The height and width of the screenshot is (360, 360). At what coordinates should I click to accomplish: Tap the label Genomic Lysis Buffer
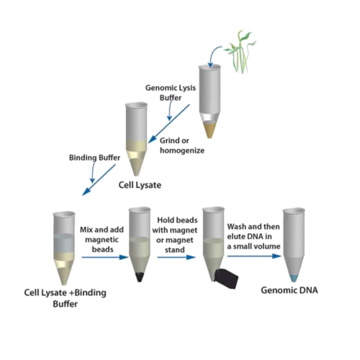tap(170, 92)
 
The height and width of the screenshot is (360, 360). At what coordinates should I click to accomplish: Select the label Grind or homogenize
tap(182, 145)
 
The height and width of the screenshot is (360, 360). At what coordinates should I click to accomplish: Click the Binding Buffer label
tap(94, 158)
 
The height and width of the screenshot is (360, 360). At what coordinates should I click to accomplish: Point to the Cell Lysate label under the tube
tap(140, 185)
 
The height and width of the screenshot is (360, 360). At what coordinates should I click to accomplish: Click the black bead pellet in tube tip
tap(140, 277)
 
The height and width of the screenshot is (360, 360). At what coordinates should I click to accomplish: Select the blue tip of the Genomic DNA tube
tap(293, 278)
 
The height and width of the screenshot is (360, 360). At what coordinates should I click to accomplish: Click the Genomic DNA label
tap(289, 290)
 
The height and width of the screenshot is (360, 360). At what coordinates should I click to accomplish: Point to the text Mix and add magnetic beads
tap(102, 239)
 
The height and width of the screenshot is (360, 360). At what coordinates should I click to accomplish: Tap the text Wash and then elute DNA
tap(253, 236)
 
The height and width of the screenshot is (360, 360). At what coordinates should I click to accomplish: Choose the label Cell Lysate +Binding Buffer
tap(65, 298)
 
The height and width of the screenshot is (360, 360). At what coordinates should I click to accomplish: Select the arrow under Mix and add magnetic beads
tap(104, 257)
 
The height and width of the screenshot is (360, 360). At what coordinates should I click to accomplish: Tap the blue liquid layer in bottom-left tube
tap(64, 243)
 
